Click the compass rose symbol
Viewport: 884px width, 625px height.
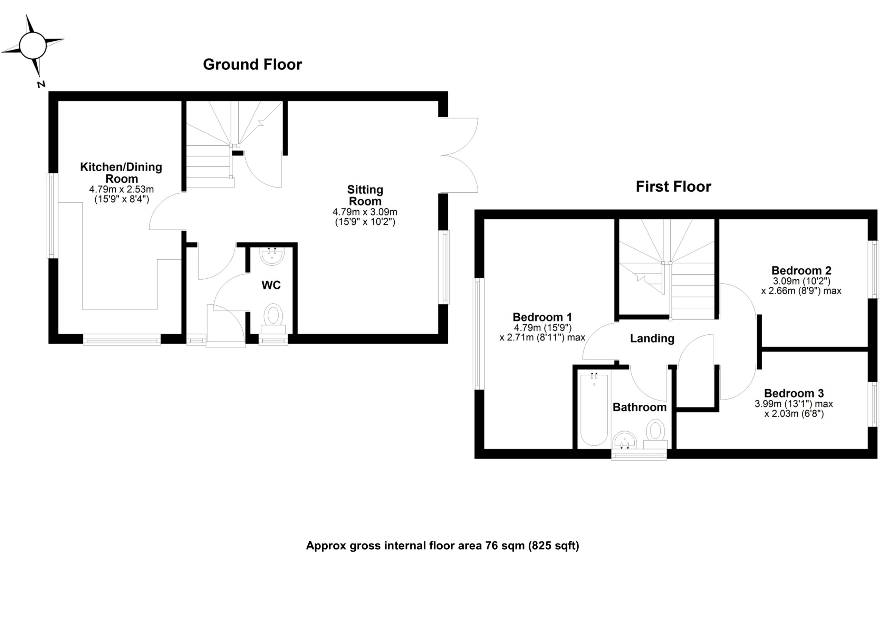33,46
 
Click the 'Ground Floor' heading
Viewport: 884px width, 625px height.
252,64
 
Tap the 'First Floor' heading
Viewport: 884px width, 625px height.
673,187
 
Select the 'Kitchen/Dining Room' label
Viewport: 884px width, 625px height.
121,173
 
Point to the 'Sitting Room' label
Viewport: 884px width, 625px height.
365,195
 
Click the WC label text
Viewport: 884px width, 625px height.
271,285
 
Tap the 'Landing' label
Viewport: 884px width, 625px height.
652,338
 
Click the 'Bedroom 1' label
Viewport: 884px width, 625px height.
542,317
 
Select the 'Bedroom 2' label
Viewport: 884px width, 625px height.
801,270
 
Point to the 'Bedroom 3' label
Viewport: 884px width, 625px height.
794,393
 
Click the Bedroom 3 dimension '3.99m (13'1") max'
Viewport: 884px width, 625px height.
794,404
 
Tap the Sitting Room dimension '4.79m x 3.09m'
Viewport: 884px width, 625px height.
365,212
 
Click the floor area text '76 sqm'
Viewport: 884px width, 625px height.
505,546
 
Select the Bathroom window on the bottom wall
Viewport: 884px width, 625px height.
639,456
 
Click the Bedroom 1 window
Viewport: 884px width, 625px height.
479,334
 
